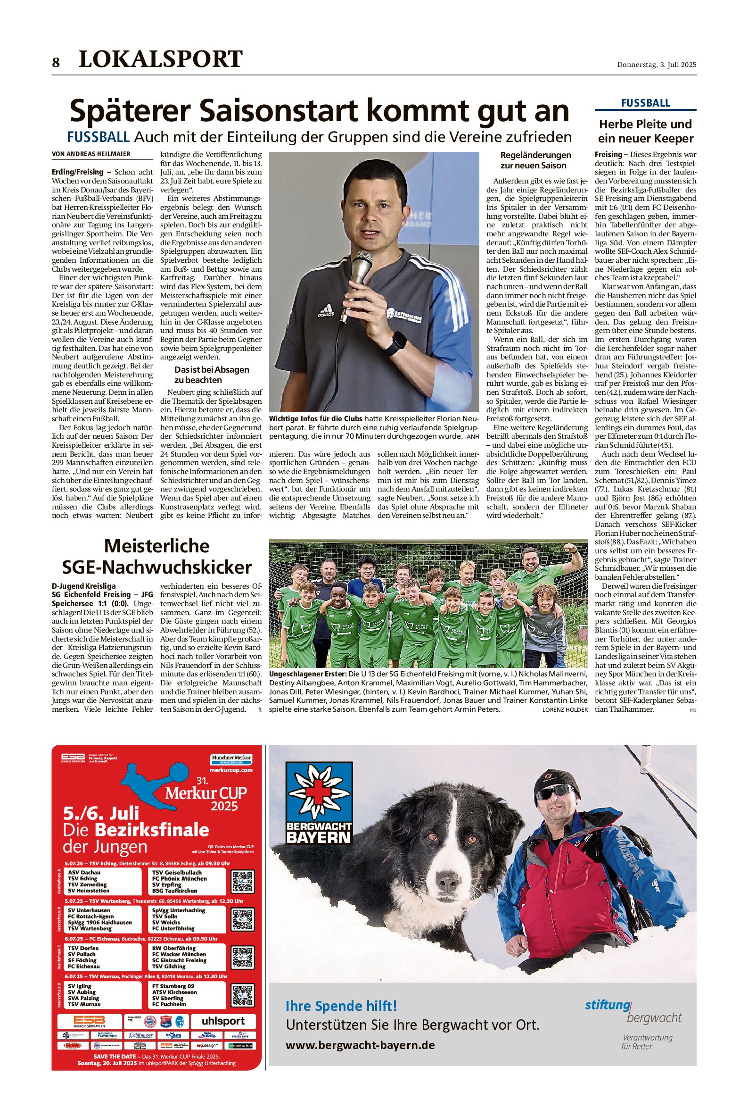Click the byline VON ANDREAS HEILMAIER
91,154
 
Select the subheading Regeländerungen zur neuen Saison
536,160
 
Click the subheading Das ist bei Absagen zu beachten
211,375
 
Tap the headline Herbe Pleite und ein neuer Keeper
645,131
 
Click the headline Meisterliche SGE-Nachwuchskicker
157,557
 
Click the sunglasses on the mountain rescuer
555,792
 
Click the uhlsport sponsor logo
223,1021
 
